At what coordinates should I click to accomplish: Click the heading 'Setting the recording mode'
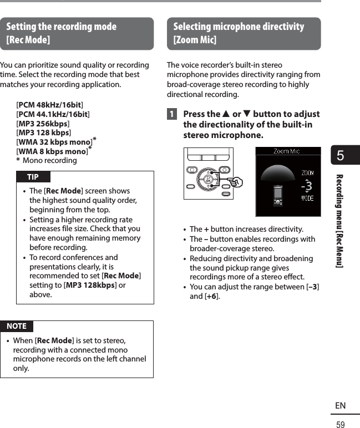coord(62,27)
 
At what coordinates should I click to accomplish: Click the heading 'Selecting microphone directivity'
coord(239,27)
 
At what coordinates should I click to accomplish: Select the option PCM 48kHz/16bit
coord(50,105)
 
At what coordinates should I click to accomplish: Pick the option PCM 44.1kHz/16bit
coord(53,114)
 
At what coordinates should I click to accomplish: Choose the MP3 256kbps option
coord(44,124)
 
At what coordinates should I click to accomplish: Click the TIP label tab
coord(33,177)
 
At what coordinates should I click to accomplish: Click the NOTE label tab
coord(17,326)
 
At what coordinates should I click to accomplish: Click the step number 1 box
coord(173,115)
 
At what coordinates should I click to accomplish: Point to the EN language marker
coord(340,406)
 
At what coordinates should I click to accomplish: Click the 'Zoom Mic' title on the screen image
coord(287,151)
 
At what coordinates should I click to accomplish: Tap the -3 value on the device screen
coord(307,185)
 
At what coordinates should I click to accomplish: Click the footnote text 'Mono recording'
coord(50,161)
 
